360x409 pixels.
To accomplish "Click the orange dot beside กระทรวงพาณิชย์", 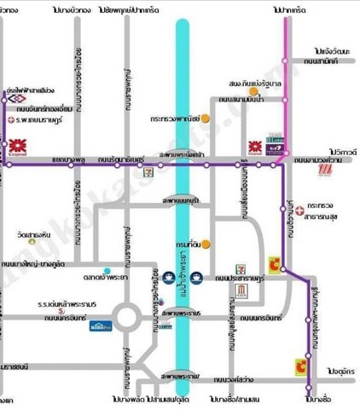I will coord(206,117).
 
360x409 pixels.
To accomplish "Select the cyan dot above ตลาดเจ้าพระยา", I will coord(106,272).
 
